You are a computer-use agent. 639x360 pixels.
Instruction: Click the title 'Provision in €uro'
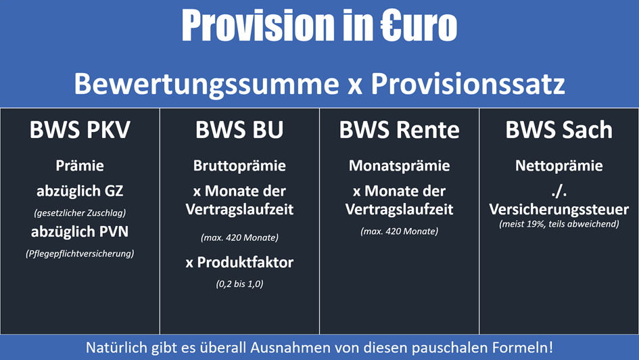click(x=319, y=25)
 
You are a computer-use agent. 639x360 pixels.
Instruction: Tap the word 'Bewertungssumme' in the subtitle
click(x=207, y=84)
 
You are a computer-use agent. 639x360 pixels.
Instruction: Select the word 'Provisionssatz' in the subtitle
click(x=468, y=84)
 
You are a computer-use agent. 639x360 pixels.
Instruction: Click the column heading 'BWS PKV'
click(x=80, y=130)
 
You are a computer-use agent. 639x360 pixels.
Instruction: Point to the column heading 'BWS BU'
click(x=239, y=130)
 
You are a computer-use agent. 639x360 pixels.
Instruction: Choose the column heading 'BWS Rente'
click(x=400, y=130)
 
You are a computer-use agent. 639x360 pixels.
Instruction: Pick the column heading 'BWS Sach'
click(x=559, y=130)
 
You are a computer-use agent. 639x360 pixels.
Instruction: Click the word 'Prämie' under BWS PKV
click(x=80, y=166)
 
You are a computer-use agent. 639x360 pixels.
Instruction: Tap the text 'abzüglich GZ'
click(x=80, y=191)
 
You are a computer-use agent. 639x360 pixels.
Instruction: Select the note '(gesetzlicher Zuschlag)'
click(x=80, y=213)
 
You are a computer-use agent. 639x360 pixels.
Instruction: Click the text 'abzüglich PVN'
click(x=80, y=231)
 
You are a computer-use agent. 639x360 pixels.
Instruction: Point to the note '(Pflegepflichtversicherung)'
click(x=80, y=254)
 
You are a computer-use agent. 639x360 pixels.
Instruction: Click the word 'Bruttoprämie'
click(x=239, y=166)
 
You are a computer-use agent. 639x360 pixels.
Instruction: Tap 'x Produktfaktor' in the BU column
click(x=239, y=262)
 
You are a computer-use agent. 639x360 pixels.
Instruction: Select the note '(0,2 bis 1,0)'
click(x=239, y=284)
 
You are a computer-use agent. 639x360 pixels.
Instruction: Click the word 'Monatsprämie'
click(x=400, y=166)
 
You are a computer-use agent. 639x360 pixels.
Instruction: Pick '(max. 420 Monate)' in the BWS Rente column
click(x=400, y=231)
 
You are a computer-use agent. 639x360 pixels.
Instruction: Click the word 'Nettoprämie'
click(x=559, y=166)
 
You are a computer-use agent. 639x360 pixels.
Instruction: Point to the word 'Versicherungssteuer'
click(x=559, y=209)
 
